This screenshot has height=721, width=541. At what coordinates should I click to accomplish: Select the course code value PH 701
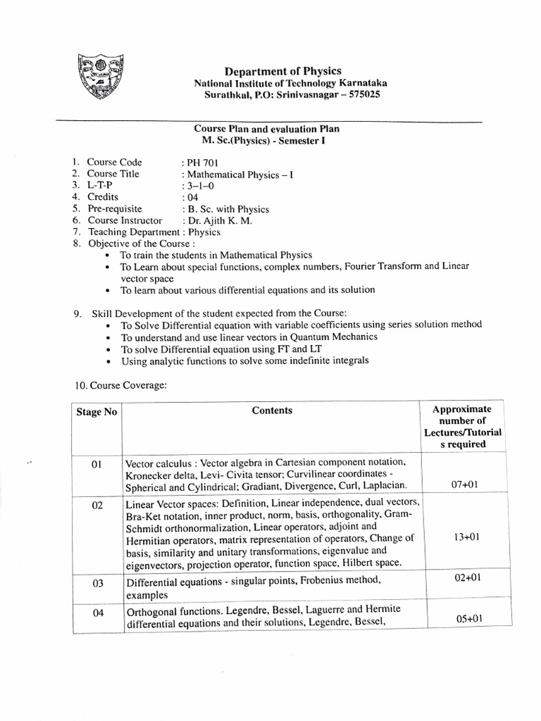(x=203, y=162)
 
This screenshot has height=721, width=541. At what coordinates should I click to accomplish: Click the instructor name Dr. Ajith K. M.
(x=220, y=220)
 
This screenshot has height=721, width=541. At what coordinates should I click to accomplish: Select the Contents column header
(x=272, y=410)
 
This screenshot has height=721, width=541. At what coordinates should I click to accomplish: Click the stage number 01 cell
(x=97, y=465)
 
